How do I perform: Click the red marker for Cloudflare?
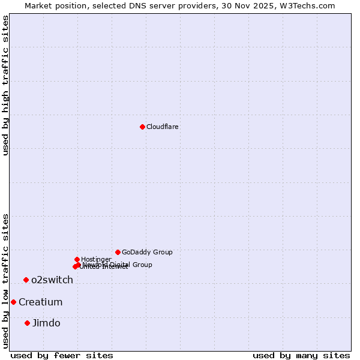point(142,127)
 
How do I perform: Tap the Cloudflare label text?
point(162,127)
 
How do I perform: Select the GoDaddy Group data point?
point(118,252)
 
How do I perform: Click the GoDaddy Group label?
point(146,252)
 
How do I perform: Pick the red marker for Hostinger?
point(77,259)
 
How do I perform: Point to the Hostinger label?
point(96,259)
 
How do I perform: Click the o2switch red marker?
point(26,280)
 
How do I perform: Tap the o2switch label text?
point(52,280)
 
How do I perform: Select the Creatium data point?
point(13,302)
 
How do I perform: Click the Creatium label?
point(40,302)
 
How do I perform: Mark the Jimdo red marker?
point(27,323)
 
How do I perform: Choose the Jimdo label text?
point(46,323)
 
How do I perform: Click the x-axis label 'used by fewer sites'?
point(62,355)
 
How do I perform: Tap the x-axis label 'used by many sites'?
point(301,355)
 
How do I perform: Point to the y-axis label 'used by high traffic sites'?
point(5,85)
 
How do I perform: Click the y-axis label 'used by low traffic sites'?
point(5,280)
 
